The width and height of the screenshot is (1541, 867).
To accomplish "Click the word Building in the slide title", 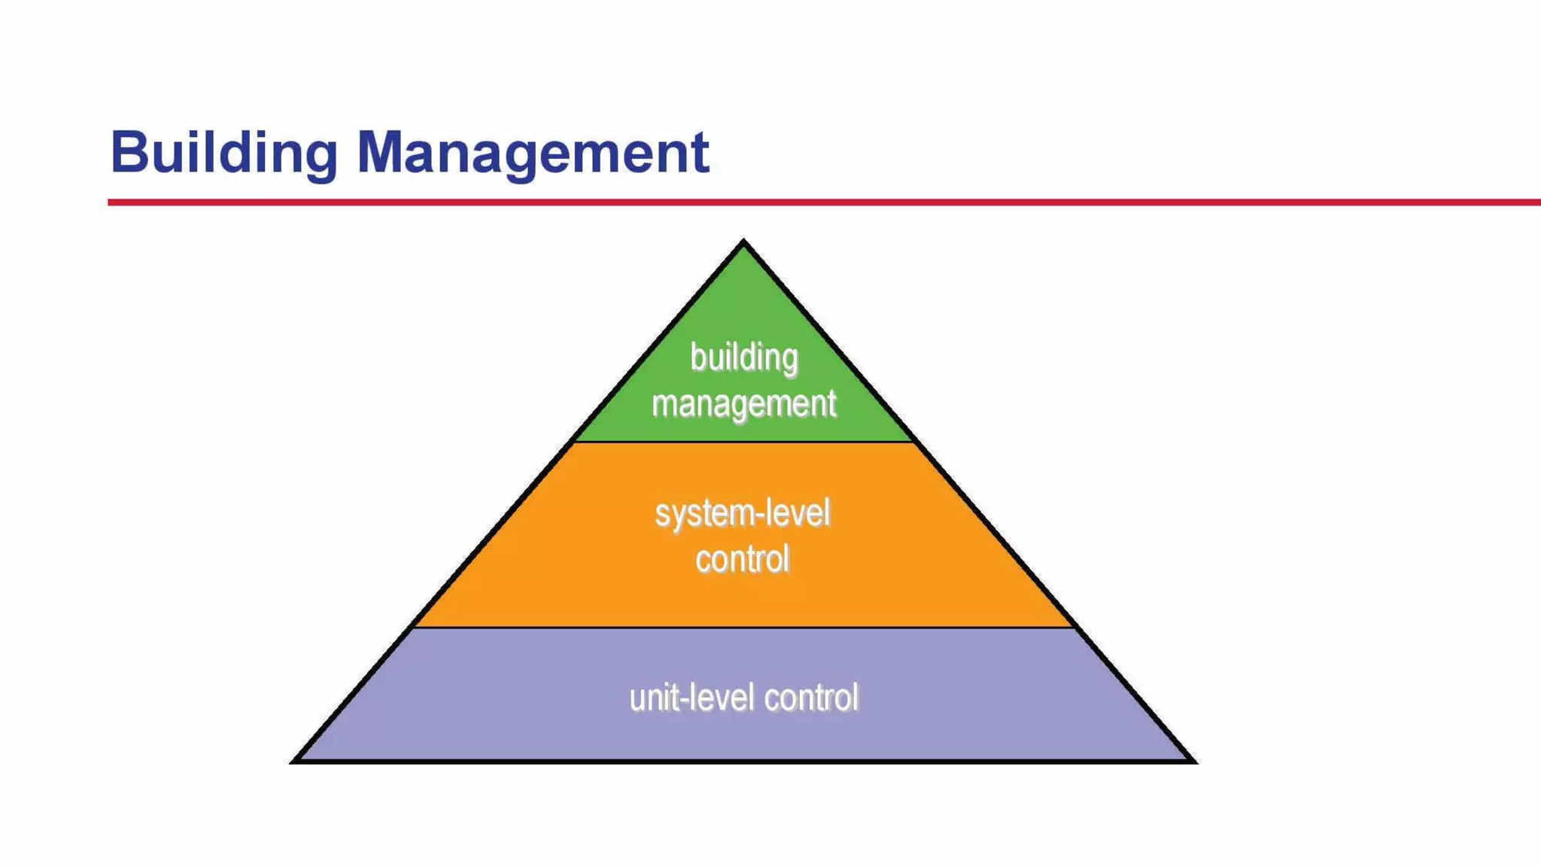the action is (223, 153).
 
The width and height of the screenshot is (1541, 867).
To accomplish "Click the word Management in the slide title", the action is (533, 153).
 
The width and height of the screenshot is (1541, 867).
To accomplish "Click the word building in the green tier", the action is (744, 357).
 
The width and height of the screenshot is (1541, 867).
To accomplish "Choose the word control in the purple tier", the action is (811, 698).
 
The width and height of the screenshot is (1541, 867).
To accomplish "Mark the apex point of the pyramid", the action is (743, 242).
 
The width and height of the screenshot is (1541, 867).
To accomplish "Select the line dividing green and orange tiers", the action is (743, 442).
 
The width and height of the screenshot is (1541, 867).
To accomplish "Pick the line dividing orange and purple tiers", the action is (743, 627).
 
